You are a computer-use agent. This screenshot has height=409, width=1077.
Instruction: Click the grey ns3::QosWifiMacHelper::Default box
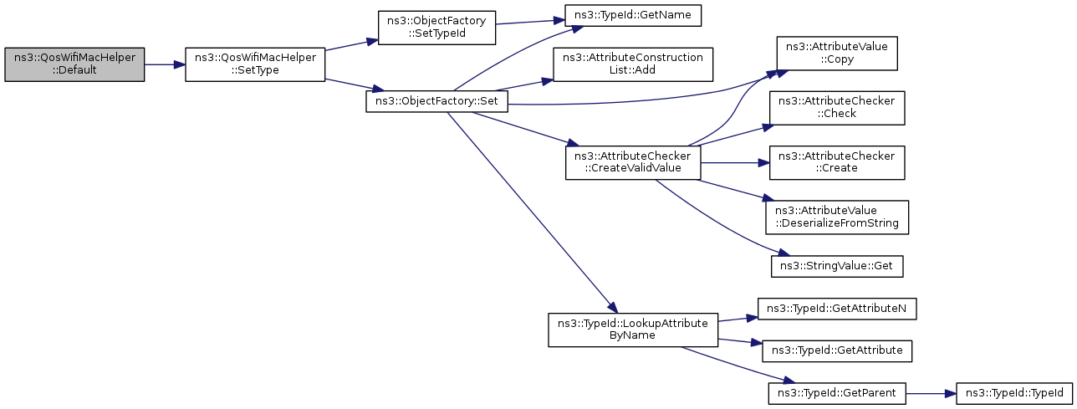pos(74,64)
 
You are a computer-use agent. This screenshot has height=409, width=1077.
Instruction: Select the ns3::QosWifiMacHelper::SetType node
pos(255,64)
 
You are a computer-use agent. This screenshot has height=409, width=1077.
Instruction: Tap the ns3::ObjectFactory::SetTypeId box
pos(436,28)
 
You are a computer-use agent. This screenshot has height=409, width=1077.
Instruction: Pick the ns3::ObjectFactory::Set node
pos(436,101)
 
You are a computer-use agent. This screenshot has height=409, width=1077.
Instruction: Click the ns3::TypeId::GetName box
pos(633,15)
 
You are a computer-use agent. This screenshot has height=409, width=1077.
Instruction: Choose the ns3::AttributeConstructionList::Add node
pos(633,64)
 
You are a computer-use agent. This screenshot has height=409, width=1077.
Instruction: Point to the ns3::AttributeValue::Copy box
pos(836,54)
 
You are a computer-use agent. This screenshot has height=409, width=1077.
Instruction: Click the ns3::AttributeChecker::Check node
pos(836,108)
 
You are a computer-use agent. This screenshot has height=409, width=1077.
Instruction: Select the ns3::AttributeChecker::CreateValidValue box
pos(633,163)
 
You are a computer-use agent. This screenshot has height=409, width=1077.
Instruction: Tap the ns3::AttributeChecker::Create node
pos(836,163)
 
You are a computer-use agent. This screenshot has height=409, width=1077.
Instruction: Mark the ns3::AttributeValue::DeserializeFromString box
pos(836,217)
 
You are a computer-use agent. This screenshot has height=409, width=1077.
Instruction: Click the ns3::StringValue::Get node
pos(836,266)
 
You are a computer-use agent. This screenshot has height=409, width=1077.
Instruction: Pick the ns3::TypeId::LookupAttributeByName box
pos(633,330)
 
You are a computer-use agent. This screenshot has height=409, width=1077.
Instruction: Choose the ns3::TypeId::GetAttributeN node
pos(836,309)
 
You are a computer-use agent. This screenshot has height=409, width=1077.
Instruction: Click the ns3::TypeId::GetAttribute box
pos(836,350)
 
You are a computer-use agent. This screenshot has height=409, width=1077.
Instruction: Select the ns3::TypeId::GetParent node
pos(836,394)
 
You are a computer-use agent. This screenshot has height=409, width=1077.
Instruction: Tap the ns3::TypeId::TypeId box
pos(1014,394)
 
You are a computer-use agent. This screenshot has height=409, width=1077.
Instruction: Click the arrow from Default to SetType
pos(165,64)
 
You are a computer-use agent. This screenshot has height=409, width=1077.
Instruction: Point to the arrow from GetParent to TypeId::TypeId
pos(931,394)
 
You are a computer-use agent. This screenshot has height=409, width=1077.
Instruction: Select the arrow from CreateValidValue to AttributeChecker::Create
pos(735,163)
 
